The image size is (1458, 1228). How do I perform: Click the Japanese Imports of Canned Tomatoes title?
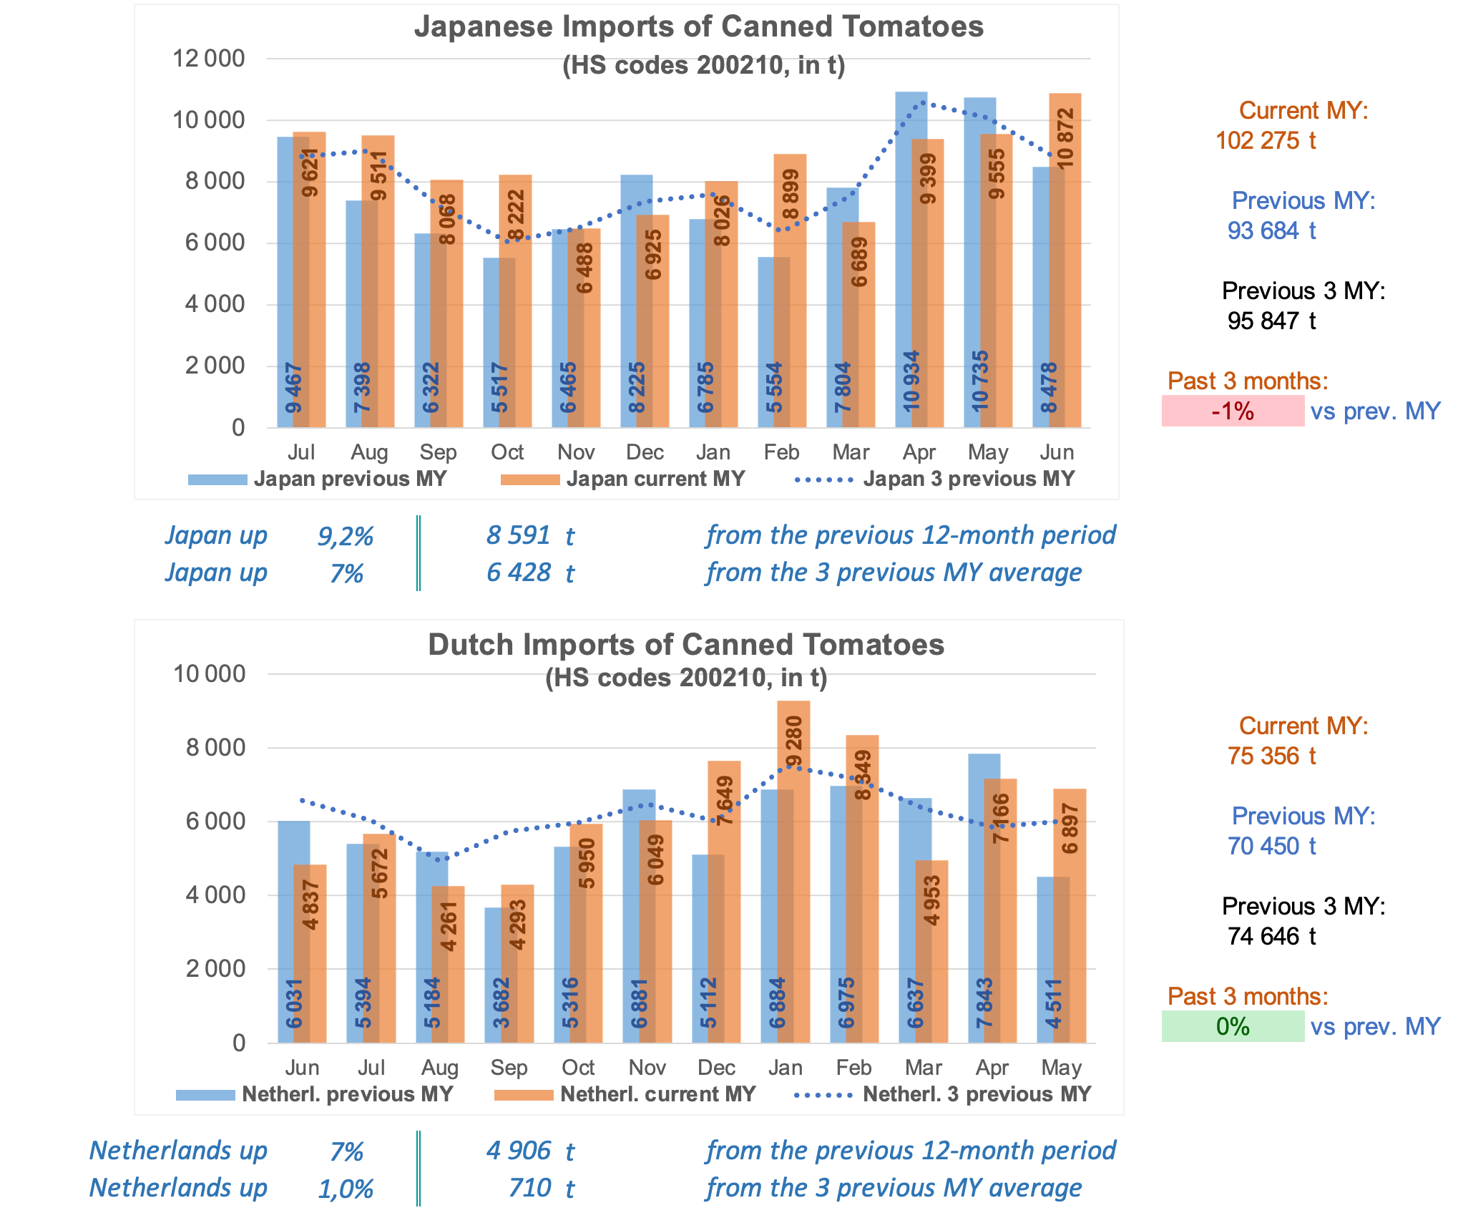coord(698,27)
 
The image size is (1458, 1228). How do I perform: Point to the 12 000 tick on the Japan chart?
coord(208,59)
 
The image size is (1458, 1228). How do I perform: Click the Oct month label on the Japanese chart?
coord(507,452)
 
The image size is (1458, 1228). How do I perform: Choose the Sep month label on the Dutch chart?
coord(509,1068)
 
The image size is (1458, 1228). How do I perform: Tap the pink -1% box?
coord(1233,411)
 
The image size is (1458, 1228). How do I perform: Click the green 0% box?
coord(1233,1027)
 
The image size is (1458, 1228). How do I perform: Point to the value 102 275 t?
coord(1266,140)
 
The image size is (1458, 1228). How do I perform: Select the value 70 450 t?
coord(1271,846)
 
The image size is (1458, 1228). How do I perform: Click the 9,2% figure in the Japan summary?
coord(346,536)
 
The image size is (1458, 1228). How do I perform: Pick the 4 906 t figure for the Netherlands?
coord(530,1151)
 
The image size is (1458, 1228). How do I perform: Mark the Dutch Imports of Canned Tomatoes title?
coord(685,645)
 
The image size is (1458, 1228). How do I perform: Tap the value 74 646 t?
coord(1271,936)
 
